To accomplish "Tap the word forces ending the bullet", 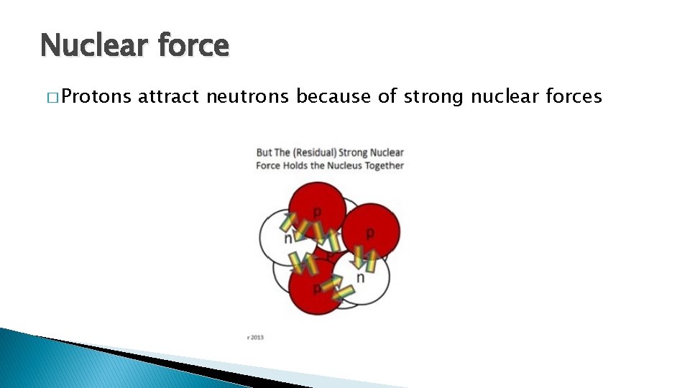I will pos(573,96).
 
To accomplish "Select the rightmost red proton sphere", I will pos(372,230).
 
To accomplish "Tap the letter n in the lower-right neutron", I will pos(360,277).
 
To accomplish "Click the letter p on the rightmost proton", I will pos(370,233).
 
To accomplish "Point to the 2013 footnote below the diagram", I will pos(256,336).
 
